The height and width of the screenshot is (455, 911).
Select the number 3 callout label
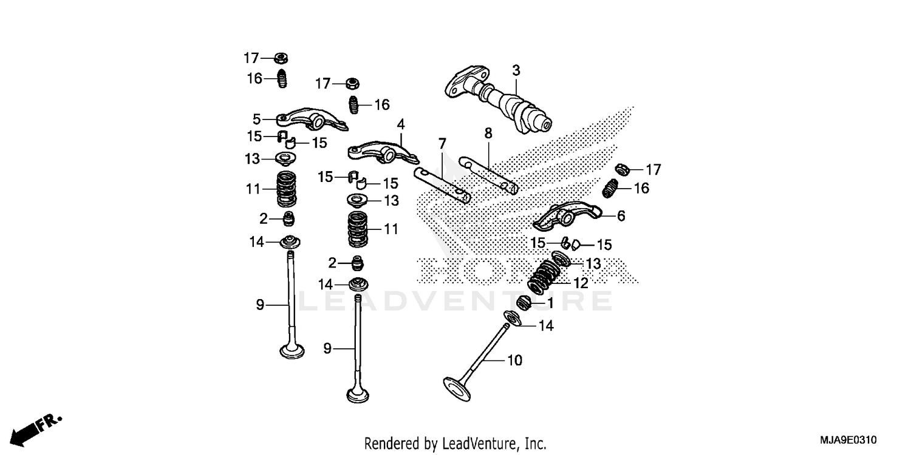516,70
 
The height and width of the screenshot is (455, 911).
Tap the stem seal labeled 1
524,302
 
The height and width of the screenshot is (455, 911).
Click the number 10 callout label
514,360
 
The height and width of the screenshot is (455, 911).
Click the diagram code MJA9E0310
847,439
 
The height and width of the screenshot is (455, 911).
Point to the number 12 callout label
581,283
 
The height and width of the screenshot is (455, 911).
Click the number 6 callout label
621,216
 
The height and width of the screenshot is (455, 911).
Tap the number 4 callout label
401,124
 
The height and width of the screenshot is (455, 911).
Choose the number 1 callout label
550,302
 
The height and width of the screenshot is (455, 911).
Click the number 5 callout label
256,119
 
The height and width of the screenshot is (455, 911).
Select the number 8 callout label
488,132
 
